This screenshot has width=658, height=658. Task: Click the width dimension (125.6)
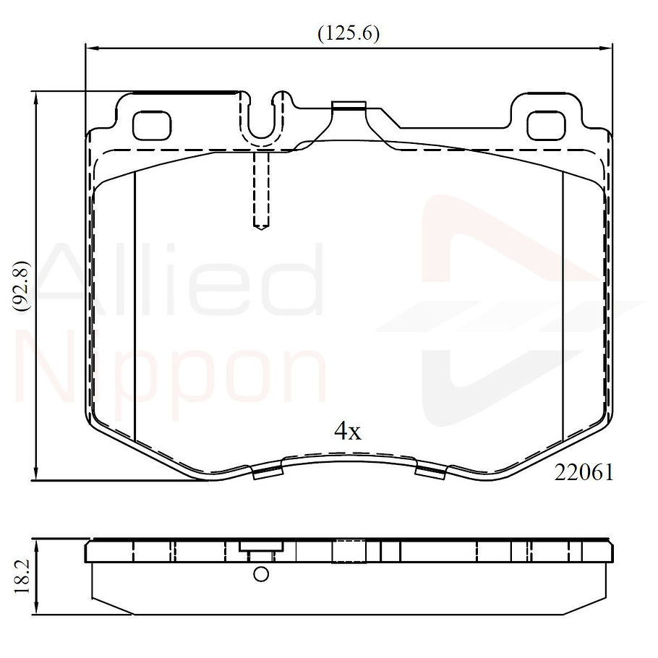pyautogui.click(x=349, y=33)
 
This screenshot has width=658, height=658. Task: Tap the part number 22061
pyautogui.click(x=584, y=472)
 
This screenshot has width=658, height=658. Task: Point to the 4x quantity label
pyautogui.click(x=347, y=432)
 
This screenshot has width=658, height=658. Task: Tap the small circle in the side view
pyautogui.click(x=261, y=575)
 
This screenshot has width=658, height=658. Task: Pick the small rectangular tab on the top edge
pyautogui.click(x=348, y=106)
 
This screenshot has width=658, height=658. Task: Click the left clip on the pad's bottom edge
pyautogui.click(x=267, y=472)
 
